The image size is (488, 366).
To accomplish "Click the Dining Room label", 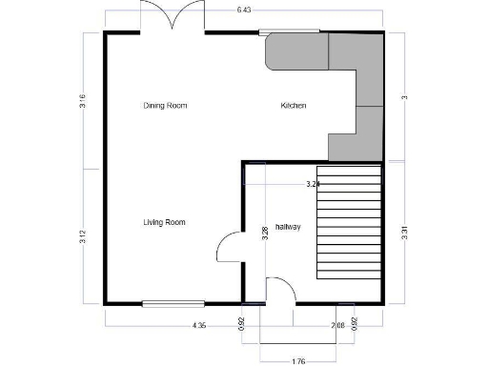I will [x=165, y=105].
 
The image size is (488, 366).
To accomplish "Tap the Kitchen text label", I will [x=293, y=105].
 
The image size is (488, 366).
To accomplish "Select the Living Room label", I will [x=164, y=222].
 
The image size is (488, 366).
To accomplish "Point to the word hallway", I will [x=288, y=227].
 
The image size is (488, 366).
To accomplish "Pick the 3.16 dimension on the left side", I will [x=83, y=101].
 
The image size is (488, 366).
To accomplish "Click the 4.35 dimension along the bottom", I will [x=199, y=326].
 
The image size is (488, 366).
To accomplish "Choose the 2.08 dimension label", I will [x=337, y=326].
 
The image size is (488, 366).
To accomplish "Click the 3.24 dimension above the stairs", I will [x=312, y=183].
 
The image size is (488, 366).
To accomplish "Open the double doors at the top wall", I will [x=173, y=17].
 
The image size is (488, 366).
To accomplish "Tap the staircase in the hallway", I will [x=348, y=222].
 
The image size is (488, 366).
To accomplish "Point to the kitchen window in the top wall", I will [x=291, y=31].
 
